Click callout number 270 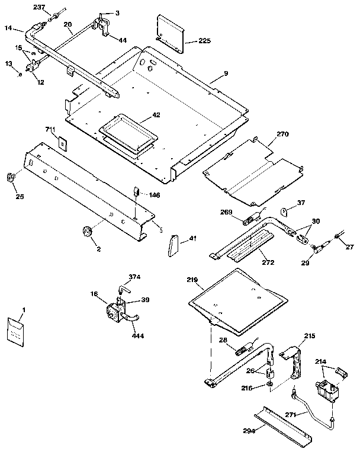tap(282, 134)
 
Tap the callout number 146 tap(154, 195)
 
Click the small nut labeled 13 tap(20, 74)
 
